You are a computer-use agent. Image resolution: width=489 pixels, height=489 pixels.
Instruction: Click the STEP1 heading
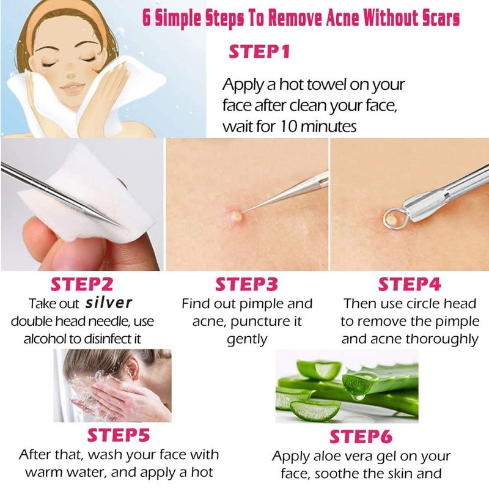(x=259, y=52)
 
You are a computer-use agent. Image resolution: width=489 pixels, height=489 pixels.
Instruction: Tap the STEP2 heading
(x=82, y=284)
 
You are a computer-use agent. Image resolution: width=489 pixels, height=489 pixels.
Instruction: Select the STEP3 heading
(x=246, y=284)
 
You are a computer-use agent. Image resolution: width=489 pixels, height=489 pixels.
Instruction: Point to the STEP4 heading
(x=410, y=284)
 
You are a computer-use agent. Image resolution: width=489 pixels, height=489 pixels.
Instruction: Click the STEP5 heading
(x=119, y=435)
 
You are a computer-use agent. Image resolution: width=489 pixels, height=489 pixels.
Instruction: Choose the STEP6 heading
(x=361, y=436)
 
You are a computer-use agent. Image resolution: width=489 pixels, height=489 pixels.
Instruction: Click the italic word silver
(x=109, y=303)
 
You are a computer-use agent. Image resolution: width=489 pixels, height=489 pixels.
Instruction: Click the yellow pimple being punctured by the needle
(x=235, y=215)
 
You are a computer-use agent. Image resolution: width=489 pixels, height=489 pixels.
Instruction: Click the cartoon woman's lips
(x=72, y=88)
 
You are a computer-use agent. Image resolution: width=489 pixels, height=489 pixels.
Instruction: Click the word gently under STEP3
(x=247, y=340)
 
